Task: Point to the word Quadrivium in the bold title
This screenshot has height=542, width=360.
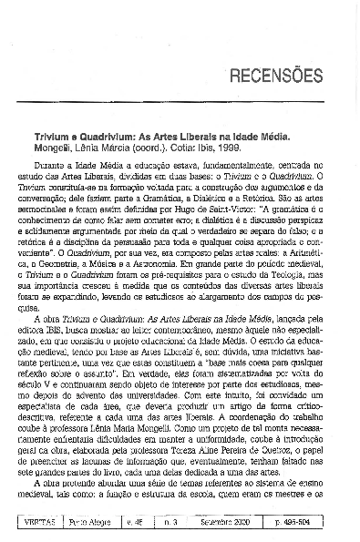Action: point(97,133)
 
